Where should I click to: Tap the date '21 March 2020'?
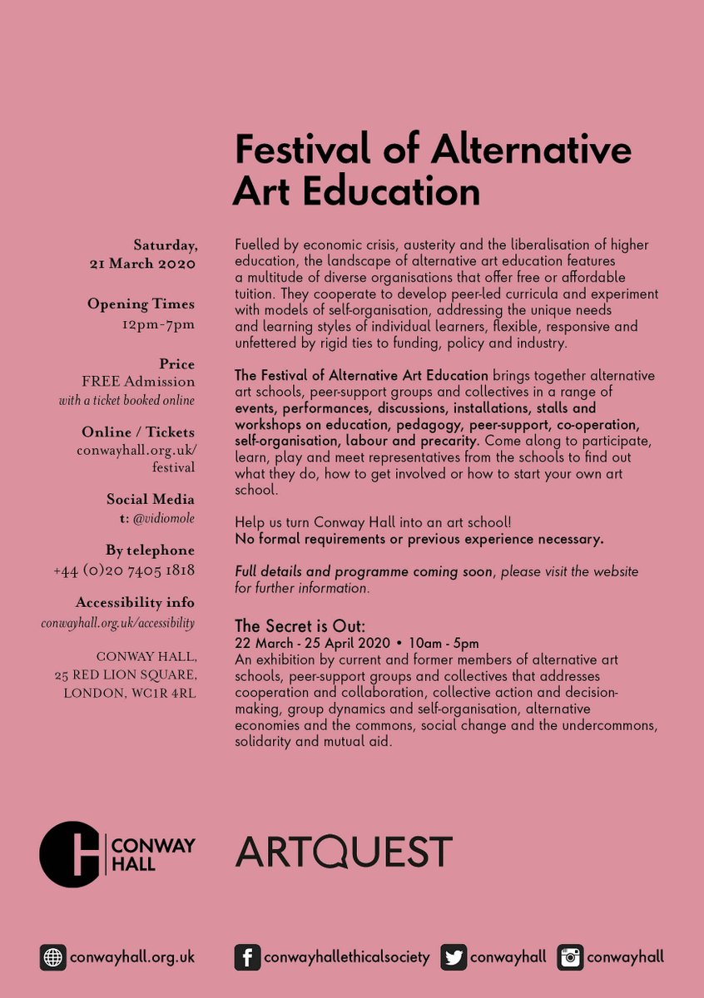pos(142,264)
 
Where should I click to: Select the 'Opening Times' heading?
pos(141,304)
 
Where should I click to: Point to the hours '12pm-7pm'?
pos(158,324)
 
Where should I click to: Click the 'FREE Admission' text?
pos(138,382)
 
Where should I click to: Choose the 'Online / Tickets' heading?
pos(138,432)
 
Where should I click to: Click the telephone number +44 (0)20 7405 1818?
pos(124,571)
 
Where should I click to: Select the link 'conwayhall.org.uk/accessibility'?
pos(118,622)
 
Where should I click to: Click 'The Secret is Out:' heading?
pos(300,626)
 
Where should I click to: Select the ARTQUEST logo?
pos(344,852)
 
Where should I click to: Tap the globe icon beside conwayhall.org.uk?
pos(52,957)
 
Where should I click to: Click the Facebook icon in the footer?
pos(247,957)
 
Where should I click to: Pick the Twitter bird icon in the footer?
pos(453,957)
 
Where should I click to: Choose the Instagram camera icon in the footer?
pos(570,957)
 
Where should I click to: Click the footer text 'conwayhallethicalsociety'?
pos(347,957)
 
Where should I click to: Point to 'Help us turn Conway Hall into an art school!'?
pos(374,523)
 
